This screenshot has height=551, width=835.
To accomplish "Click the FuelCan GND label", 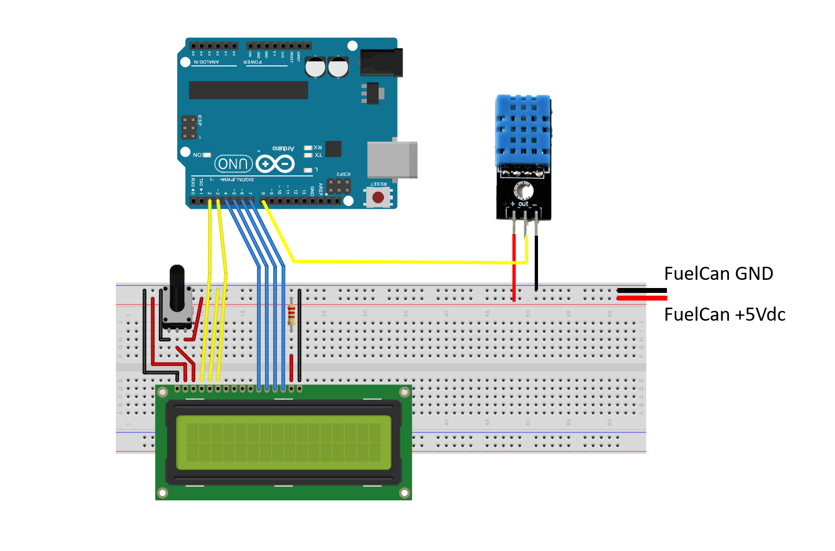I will (718, 273).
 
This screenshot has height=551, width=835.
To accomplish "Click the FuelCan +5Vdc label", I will (725, 315).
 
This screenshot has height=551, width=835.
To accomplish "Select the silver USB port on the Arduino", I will (392, 160).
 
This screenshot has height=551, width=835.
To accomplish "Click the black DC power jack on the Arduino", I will (382, 63).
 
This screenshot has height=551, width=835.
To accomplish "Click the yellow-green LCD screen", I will (283, 443).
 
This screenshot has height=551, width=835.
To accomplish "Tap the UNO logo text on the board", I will (233, 164).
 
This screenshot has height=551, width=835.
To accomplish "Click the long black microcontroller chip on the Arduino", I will (248, 90).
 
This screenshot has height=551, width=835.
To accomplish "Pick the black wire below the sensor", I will (536, 261).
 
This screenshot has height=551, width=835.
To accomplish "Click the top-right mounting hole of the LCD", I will (404, 392).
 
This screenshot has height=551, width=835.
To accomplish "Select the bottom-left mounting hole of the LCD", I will (162, 493).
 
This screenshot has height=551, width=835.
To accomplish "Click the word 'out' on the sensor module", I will (523, 204).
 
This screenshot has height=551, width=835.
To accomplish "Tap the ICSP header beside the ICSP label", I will (189, 128).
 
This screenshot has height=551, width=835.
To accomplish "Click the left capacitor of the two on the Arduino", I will (315, 68).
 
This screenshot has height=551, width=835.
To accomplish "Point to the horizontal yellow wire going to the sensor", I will (408, 262).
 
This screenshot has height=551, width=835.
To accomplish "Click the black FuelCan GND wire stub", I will (642, 291).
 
